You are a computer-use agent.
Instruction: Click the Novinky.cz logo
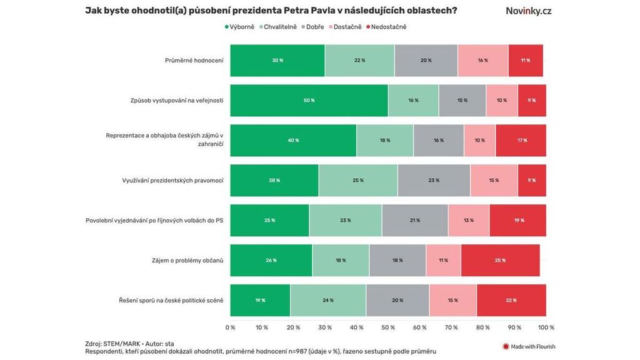point(528,11)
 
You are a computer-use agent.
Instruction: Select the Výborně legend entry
point(239,27)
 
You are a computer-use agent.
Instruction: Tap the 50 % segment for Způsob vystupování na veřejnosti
point(309,101)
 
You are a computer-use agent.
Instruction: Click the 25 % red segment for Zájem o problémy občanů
point(500,260)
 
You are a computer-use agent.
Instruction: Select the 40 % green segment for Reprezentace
point(293,140)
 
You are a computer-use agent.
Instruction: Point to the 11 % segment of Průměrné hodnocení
point(526,61)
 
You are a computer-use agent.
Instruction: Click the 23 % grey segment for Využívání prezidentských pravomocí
point(434,181)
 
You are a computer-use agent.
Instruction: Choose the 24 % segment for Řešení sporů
point(328,300)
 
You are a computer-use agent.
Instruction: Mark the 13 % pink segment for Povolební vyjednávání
point(469,221)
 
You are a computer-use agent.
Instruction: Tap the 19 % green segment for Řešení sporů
point(260,300)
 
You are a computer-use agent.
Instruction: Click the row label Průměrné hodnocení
point(194,61)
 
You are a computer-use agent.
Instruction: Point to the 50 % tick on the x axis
point(388,327)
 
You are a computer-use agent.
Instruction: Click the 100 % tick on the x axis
point(546,327)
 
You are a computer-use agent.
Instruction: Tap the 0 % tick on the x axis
point(230,327)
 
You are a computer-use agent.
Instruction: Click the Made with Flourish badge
point(529,346)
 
